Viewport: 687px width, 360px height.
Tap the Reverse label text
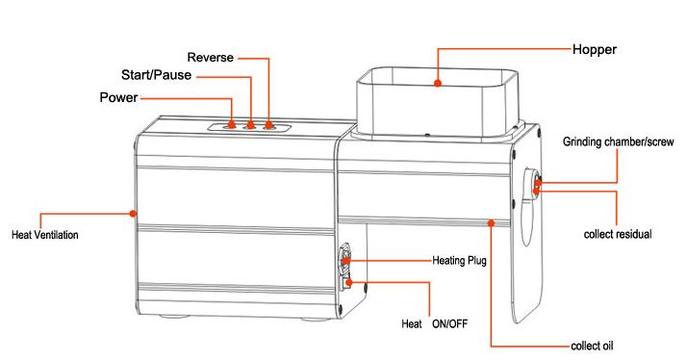point(209,58)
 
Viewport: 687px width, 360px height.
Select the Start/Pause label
point(157,74)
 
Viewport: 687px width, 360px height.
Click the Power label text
point(118,97)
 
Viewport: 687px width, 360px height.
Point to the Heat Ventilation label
point(44,234)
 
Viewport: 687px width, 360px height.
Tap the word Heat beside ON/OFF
point(412,322)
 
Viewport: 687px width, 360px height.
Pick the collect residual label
point(618,234)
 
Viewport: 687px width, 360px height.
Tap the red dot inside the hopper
point(437,85)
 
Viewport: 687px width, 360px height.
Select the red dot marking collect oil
point(492,222)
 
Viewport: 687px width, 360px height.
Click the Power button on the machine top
point(233,125)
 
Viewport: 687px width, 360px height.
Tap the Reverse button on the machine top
point(268,125)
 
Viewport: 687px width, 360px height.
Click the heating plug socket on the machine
point(347,259)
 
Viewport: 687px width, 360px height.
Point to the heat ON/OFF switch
point(348,282)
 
